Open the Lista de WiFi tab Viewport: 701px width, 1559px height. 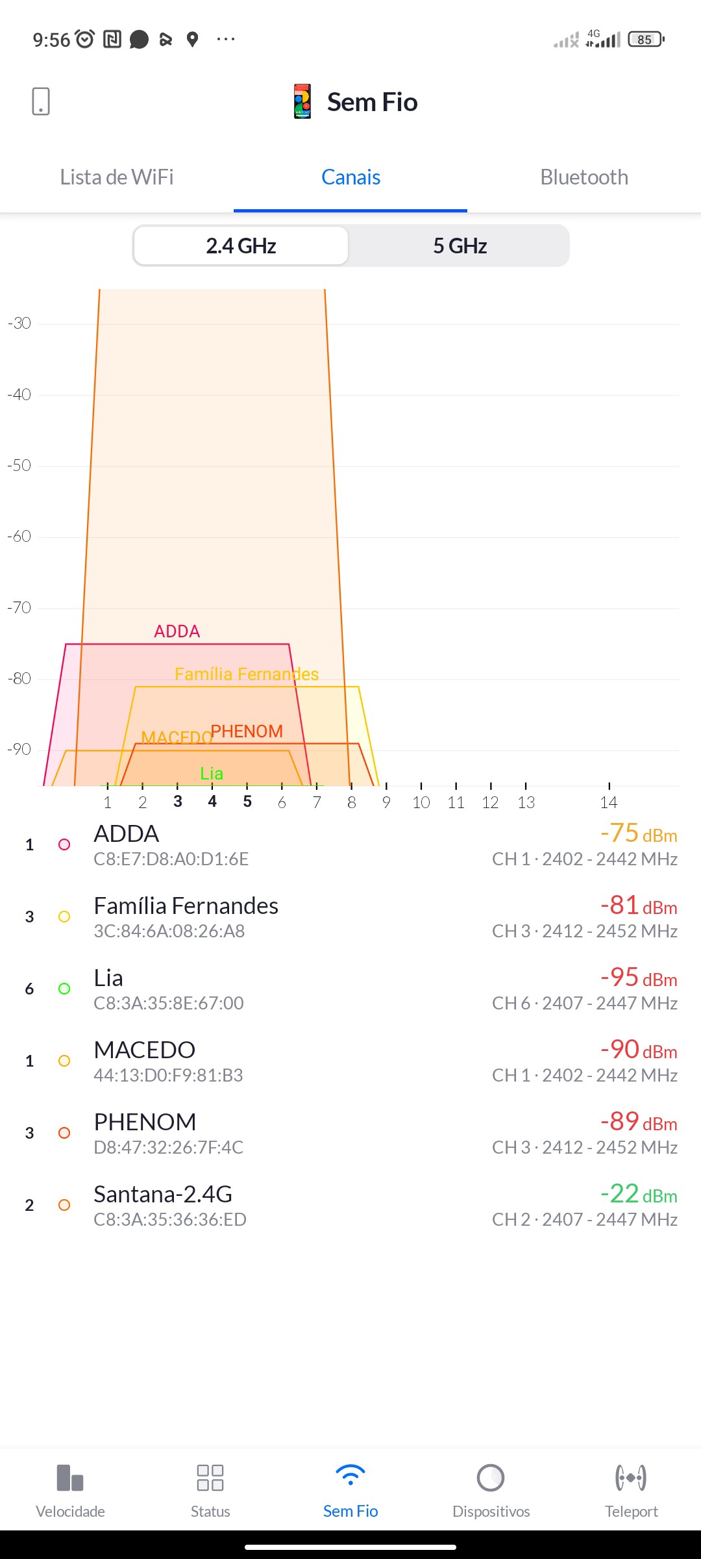tap(117, 177)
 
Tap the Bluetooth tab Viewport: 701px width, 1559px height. tap(584, 177)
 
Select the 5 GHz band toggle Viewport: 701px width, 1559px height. tap(460, 246)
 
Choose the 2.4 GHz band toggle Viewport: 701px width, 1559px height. tap(241, 246)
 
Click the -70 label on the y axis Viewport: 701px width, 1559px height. tap(19, 607)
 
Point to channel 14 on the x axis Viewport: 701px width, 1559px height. tap(608, 802)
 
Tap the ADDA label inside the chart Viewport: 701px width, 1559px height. tap(177, 631)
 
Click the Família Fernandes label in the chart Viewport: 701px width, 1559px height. tap(247, 674)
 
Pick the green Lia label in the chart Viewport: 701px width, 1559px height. tap(212, 774)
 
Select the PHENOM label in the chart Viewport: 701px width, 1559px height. tap(247, 731)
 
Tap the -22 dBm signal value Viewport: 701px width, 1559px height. tap(639, 1194)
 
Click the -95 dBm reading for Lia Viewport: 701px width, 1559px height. tap(639, 978)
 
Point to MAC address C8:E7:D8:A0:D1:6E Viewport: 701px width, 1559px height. tap(171, 859)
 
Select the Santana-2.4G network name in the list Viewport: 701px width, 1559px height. tap(163, 1194)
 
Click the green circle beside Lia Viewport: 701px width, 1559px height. tap(64, 989)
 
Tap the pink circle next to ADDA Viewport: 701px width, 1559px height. tap(64, 844)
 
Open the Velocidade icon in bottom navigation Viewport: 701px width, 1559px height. tap(70, 1478)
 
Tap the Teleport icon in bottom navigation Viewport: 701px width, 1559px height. tap(631, 1478)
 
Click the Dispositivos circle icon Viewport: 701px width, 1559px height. tap(491, 1478)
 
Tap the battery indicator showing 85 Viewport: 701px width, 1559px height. tap(646, 40)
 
